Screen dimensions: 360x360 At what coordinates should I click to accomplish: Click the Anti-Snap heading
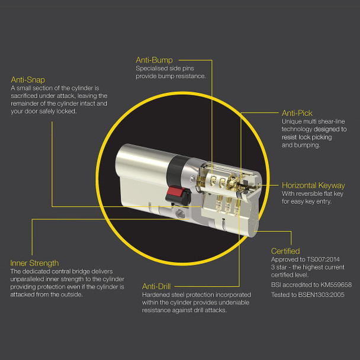28,79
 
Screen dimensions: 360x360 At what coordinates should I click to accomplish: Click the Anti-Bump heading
155,60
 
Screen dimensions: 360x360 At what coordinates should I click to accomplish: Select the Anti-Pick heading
297,112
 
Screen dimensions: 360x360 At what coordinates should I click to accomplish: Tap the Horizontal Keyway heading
313,185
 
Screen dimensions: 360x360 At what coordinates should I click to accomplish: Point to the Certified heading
285,251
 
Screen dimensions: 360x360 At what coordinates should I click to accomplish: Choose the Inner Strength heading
35,262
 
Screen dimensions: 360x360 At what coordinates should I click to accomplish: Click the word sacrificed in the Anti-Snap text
25,95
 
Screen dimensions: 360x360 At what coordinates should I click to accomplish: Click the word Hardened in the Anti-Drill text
155,294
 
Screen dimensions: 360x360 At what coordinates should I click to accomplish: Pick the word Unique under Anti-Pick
292,121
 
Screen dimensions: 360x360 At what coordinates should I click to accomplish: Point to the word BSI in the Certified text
276,285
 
